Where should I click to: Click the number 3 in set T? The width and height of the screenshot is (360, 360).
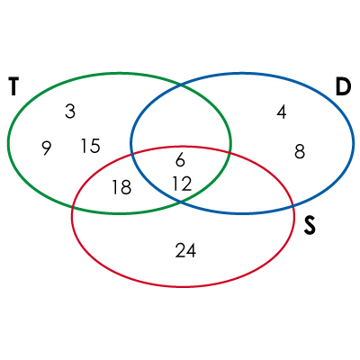(x=70, y=112)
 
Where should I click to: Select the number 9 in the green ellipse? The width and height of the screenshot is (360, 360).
(x=46, y=148)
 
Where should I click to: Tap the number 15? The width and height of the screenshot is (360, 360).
(x=91, y=146)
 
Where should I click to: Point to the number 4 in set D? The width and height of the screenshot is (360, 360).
(x=282, y=112)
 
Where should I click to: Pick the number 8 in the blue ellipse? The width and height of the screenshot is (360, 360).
(x=300, y=151)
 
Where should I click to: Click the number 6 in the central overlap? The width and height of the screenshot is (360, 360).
(x=180, y=159)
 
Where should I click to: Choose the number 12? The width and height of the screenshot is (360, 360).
(x=182, y=184)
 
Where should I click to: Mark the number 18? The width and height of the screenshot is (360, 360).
(x=121, y=187)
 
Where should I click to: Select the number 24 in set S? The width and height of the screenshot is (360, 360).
(x=185, y=251)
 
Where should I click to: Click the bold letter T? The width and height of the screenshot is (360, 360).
(x=13, y=86)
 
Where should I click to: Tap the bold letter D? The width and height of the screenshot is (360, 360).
(x=343, y=86)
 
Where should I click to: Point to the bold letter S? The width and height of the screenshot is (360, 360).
(x=310, y=226)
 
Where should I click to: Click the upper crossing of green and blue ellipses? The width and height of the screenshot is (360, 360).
(x=181, y=85)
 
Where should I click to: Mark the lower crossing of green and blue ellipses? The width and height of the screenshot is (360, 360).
(x=181, y=201)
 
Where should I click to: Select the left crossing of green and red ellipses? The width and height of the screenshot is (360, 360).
(x=73, y=207)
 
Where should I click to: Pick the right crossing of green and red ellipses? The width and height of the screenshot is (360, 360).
(x=230, y=152)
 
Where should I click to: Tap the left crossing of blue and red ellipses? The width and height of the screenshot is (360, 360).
(x=131, y=155)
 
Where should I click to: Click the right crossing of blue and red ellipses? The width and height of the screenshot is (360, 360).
(x=293, y=206)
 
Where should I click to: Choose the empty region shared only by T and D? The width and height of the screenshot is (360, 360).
(x=181, y=120)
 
